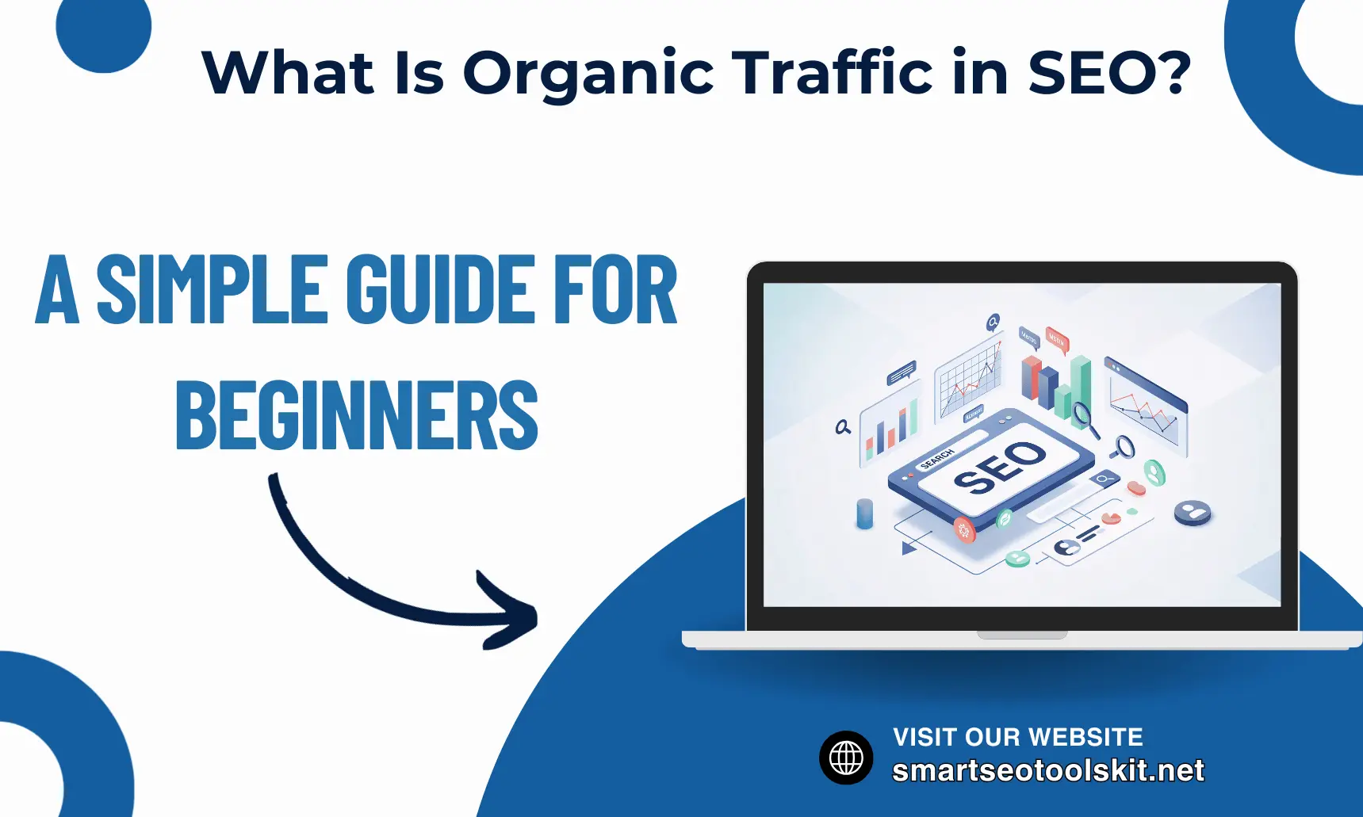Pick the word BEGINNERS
357,416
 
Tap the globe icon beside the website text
846,758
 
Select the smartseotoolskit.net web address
1047,770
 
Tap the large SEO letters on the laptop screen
1000,467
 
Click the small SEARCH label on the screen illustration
936,459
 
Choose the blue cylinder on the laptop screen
864,513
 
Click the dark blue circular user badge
1193,513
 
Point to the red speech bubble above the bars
1057,339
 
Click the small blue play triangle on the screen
909,548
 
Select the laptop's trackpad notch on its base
1022,635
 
